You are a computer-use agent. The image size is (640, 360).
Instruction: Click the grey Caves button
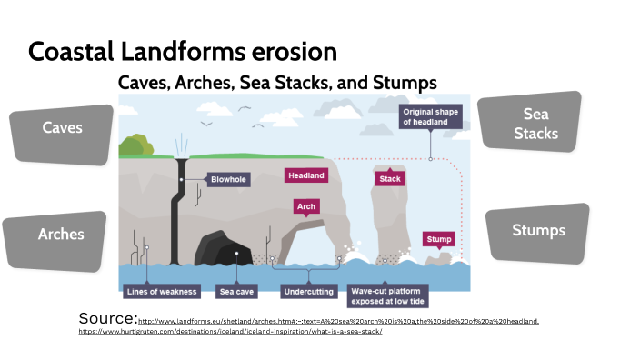tap(62, 129)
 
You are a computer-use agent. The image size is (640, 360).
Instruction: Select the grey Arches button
tap(61, 235)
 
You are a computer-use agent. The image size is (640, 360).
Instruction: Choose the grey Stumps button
tap(538, 231)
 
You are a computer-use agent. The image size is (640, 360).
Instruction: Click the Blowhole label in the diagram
tap(230, 180)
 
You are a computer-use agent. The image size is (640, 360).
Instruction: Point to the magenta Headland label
tap(305, 175)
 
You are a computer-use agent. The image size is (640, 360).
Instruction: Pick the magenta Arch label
tap(306, 207)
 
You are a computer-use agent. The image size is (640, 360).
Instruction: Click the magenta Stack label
tap(389, 179)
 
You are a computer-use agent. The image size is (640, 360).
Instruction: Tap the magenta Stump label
tap(438, 240)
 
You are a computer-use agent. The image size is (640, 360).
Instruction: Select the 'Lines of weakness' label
tap(160, 292)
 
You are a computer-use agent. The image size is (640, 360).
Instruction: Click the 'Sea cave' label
tap(236, 292)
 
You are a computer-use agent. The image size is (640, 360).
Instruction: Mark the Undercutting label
tap(306, 292)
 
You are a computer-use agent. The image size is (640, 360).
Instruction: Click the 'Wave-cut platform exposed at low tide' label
tap(388, 295)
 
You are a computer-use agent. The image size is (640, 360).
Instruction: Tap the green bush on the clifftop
tap(135, 145)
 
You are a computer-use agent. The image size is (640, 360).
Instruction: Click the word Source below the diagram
tap(107, 318)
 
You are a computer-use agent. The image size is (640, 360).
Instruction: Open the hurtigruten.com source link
tap(229, 331)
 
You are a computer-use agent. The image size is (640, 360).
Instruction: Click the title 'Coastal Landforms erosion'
tap(183, 51)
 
